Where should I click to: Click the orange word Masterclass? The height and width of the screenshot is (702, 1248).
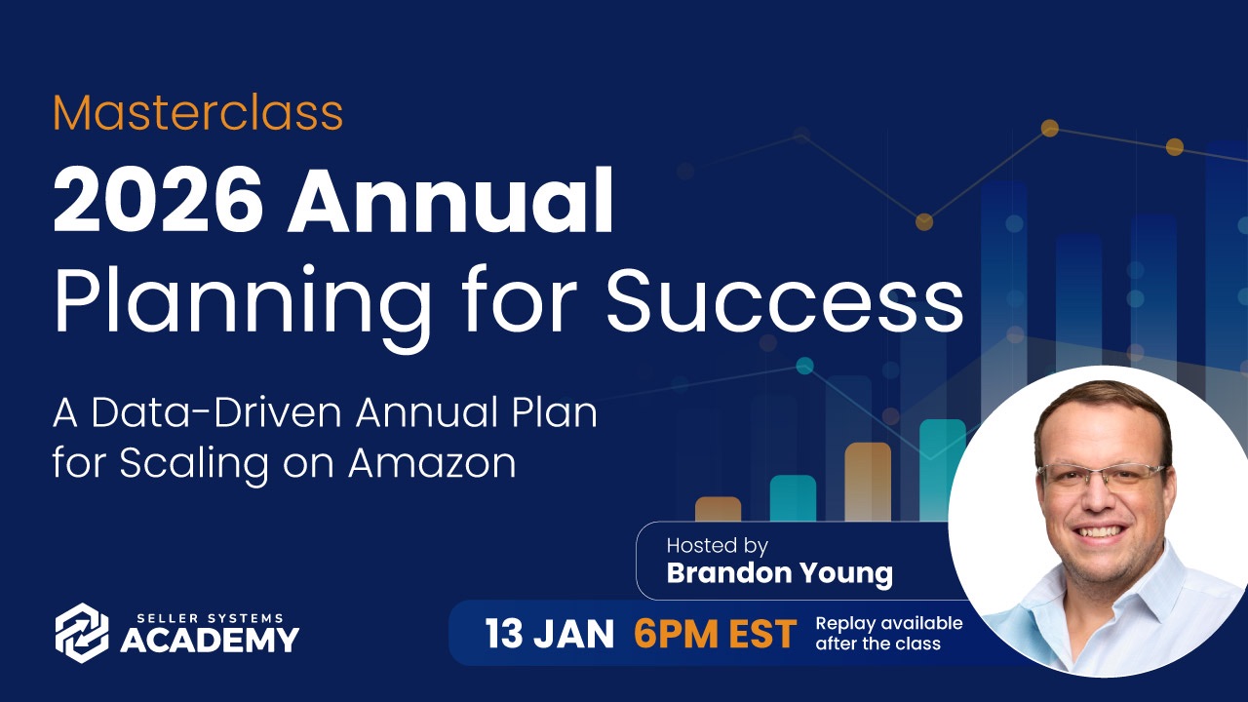pyautogui.click(x=198, y=112)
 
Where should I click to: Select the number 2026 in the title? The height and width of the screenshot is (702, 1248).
pyautogui.click(x=158, y=201)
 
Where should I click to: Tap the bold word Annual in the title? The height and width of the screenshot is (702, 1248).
pyautogui.click(x=450, y=201)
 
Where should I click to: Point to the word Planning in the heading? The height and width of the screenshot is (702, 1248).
pyautogui.click(x=243, y=306)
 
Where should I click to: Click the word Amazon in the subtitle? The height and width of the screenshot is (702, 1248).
pyautogui.click(x=432, y=462)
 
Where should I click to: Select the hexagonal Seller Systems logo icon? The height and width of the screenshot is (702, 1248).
pyautogui.click(x=82, y=634)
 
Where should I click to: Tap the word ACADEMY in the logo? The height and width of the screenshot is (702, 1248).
pyautogui.click(x=210, y=640)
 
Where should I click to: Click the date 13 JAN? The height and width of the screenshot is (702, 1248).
pyautogui.click(x=549, y=634)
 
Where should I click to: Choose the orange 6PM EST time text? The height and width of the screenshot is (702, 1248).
pyautogui.click(x=716, y=634)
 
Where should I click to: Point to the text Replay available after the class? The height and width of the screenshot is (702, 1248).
pyautogui.click(x=889, y=634)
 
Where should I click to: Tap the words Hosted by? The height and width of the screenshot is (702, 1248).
pyautogui.click(x=717, y=545)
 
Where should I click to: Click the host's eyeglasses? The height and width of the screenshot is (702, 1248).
pyautogui.click(x=1101, y=478)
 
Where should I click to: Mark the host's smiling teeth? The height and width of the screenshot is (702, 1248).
pyautogui.click(x=1098, y=531)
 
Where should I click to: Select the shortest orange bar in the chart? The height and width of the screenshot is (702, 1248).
pyautogui.click(x=719, y=509)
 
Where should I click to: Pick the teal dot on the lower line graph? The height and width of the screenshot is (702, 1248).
pyautogui.click(x=804, y=366)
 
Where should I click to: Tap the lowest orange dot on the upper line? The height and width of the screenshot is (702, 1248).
pyautogui.click(x=923, y=221)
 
